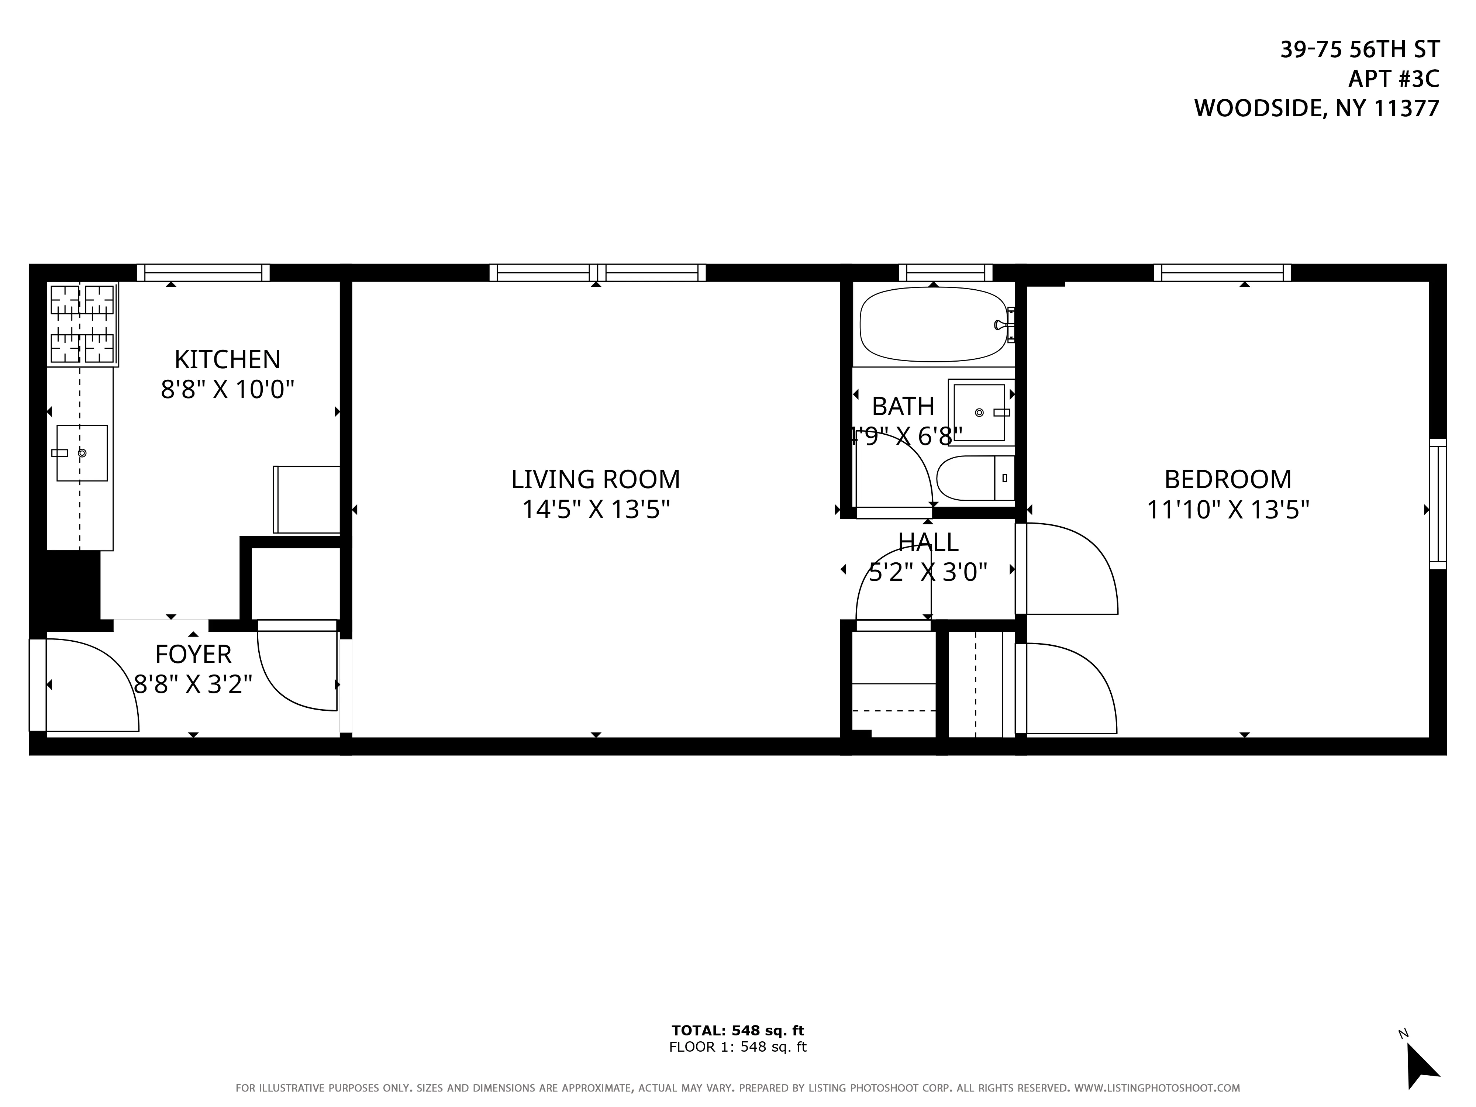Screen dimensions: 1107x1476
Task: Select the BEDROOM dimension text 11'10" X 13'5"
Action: (x=1228, y=510)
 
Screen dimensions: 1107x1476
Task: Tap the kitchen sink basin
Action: (x=82, y=453)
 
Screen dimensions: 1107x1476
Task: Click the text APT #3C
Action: (x=1393, y=79)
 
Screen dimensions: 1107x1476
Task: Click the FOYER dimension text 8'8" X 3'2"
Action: (x=193, y=684)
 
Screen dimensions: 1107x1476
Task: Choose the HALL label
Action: (x=928, y=542)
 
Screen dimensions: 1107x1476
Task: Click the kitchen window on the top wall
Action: (x=204, y=272)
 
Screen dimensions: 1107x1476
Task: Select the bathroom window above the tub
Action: (x=945, y=272)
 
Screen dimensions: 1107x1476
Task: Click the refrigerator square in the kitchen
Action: (x=307, y=499)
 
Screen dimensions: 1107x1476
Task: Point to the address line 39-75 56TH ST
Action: (x=1359, y=49)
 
